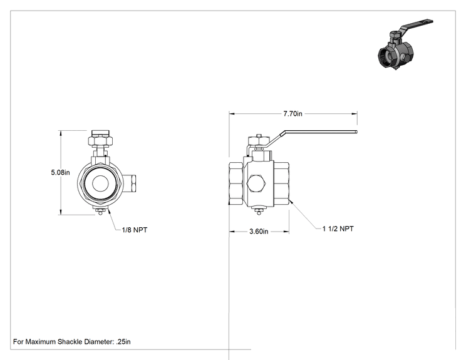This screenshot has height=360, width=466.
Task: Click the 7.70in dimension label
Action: (x=293, y=114)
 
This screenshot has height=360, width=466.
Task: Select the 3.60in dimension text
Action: (x=259, y=232)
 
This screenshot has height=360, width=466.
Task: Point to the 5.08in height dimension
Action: (x=60, y=172)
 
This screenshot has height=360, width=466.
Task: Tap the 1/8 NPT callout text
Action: (x=134, y=230)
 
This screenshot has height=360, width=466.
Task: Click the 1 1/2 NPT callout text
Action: (x=338, y=229)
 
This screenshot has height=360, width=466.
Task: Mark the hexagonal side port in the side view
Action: (x=257, y=184)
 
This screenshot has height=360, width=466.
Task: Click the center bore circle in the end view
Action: (x=100, y=183)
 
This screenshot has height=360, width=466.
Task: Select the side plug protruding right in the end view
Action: (x=130, y=183)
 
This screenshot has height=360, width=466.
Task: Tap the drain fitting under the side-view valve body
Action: (x=259, y=210)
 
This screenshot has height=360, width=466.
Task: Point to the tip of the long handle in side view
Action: (x=356, y=132)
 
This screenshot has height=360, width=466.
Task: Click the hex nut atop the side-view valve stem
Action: (x=259, y=140)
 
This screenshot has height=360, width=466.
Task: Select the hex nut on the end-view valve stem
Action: (x=100, y=140)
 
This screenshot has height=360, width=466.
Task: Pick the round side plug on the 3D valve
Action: (x=403, y=58)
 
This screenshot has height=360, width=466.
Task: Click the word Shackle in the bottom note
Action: (x=70, y=342)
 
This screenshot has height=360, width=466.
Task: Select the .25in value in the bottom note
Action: (x=123, y=342)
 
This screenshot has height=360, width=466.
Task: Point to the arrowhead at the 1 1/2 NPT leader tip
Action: (x=291, y=201)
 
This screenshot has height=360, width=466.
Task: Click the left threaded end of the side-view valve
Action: (x=236, y=183)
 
